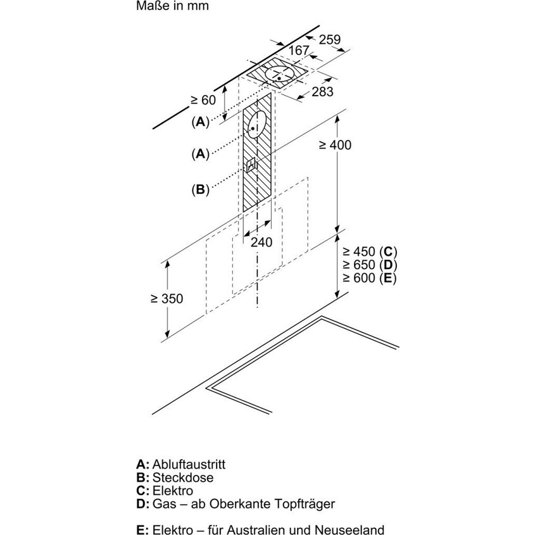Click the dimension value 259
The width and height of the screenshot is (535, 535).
click(329, 40)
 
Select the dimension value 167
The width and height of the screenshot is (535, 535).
click(298, 51)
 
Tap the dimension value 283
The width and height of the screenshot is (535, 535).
click(322, 92)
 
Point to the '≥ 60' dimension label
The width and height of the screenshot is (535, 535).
click(203, 99)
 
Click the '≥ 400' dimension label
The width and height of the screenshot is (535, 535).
click(334, 145)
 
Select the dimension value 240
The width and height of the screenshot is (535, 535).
click(261, 242)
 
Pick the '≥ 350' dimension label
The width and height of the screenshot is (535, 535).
click(167, 299)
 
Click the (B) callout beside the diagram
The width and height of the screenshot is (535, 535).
click(200, 189)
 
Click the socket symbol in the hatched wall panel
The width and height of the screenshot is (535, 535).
click(252, 165)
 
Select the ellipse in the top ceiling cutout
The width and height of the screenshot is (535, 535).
click(279, 75)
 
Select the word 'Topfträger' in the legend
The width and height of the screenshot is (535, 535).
click(306, 505)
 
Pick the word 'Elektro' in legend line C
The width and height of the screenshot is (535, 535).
click(172, 491)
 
